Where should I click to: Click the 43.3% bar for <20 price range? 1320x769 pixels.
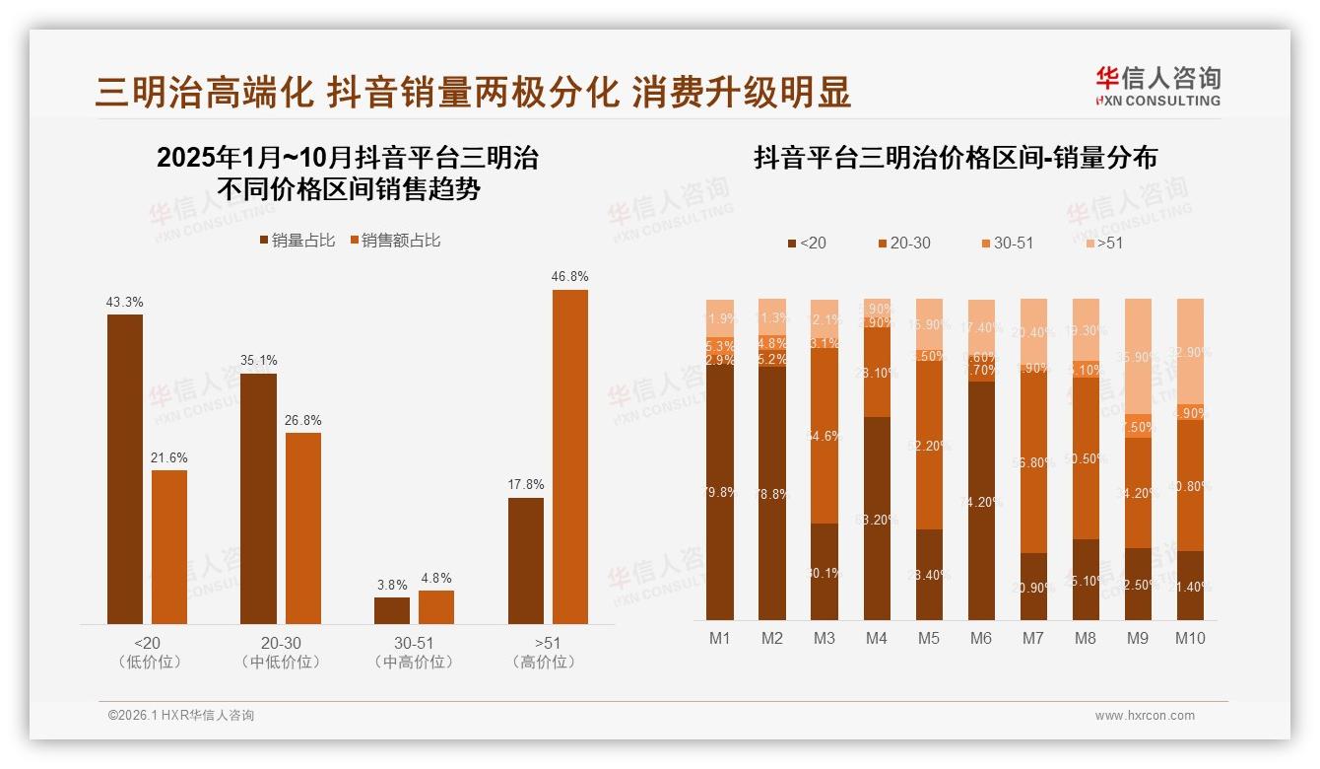(x=125, y=468)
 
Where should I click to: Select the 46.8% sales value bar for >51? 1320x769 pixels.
(x=570, y=455)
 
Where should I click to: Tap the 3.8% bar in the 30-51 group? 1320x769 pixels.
(x=392, y=610)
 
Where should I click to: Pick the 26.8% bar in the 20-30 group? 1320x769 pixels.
(x=303, y=527)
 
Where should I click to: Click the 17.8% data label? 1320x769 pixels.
(x=526, y=484)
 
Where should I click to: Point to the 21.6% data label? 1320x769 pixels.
(x=169, y=457)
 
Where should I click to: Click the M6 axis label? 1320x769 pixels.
(x=981, y=638)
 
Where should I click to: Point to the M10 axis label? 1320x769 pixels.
(x=1190, y=638)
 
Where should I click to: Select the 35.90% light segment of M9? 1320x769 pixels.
(x=1138, y=356)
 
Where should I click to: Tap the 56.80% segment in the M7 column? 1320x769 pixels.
(x=1033, y=462)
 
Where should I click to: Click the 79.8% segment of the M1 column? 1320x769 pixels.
(x=720, y=492)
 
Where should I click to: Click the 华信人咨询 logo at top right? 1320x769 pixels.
(x=1157, y=86)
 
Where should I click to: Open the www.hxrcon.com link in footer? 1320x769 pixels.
(x=1145, y=716)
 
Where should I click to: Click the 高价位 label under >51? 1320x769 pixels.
(x=544, y=662)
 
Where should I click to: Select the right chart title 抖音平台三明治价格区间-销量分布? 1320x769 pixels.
(x=956, y=158)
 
